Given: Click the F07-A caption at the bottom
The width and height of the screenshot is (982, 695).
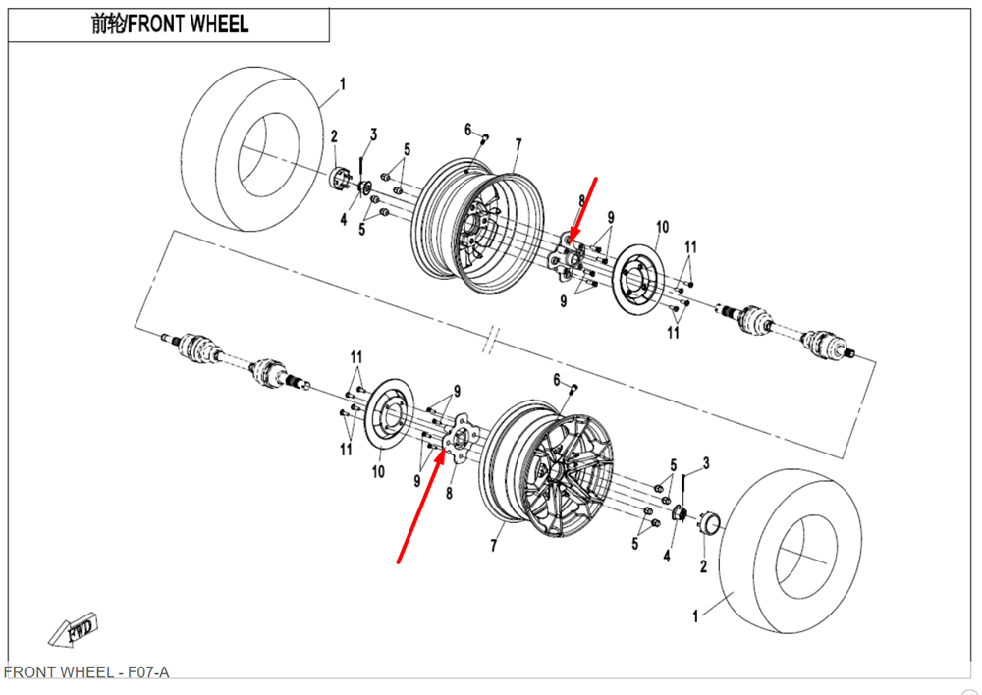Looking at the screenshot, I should [86, 672].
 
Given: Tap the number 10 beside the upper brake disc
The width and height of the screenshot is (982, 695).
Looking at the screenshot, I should [661, 228].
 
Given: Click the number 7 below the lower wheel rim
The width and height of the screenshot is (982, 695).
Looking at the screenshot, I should [495, 546].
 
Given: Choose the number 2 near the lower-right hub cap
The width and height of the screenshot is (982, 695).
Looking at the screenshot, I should [703, 567].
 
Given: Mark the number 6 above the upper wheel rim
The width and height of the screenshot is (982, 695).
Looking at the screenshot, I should [468, 130].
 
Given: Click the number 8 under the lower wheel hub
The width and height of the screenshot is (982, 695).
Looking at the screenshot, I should [449, 493].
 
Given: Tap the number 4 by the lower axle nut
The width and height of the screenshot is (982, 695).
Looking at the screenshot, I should [667, 558].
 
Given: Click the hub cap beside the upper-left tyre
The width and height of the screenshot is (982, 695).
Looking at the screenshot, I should [340, 179].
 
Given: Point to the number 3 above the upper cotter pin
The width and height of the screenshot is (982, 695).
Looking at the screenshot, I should [373, 134].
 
